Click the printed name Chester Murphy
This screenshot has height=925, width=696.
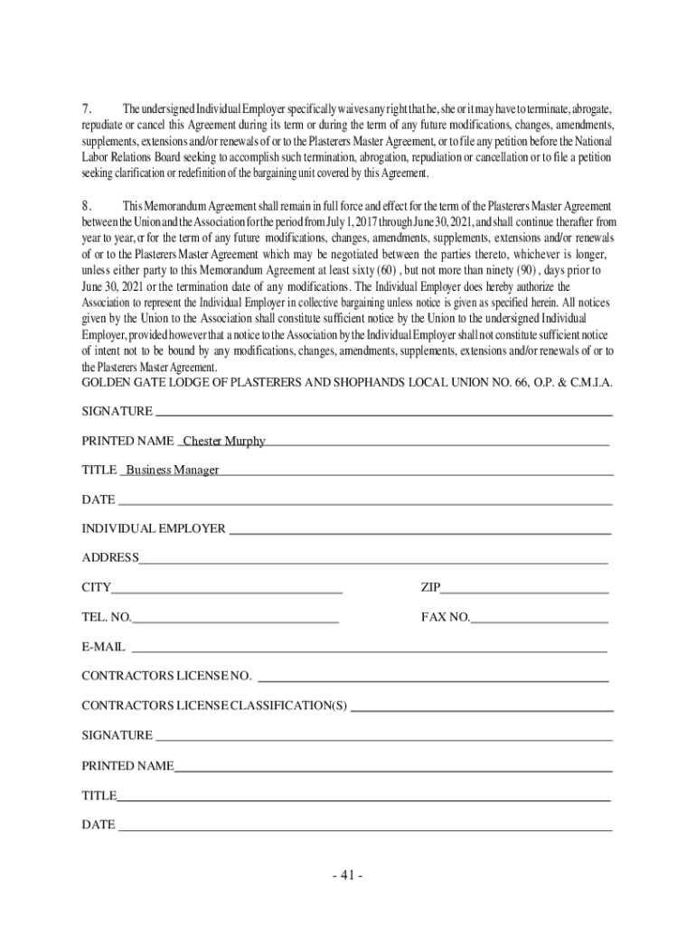click(224, 441)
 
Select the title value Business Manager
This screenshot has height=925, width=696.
click(172, 470)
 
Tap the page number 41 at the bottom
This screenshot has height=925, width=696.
click(347, 875)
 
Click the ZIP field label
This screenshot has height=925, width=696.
click(430, 588)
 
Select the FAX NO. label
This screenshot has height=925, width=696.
click(446, 618)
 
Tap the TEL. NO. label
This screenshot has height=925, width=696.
click(107, 618)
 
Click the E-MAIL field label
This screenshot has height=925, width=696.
click(104, 648)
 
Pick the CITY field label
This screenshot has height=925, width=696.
click(97, 588)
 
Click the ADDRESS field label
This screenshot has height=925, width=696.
click(110, 558)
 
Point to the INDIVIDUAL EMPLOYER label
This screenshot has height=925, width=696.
click(154, 528)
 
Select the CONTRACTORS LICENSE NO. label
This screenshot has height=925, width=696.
click(166, 677)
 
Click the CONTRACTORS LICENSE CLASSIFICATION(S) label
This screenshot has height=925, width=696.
click(214, 705)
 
